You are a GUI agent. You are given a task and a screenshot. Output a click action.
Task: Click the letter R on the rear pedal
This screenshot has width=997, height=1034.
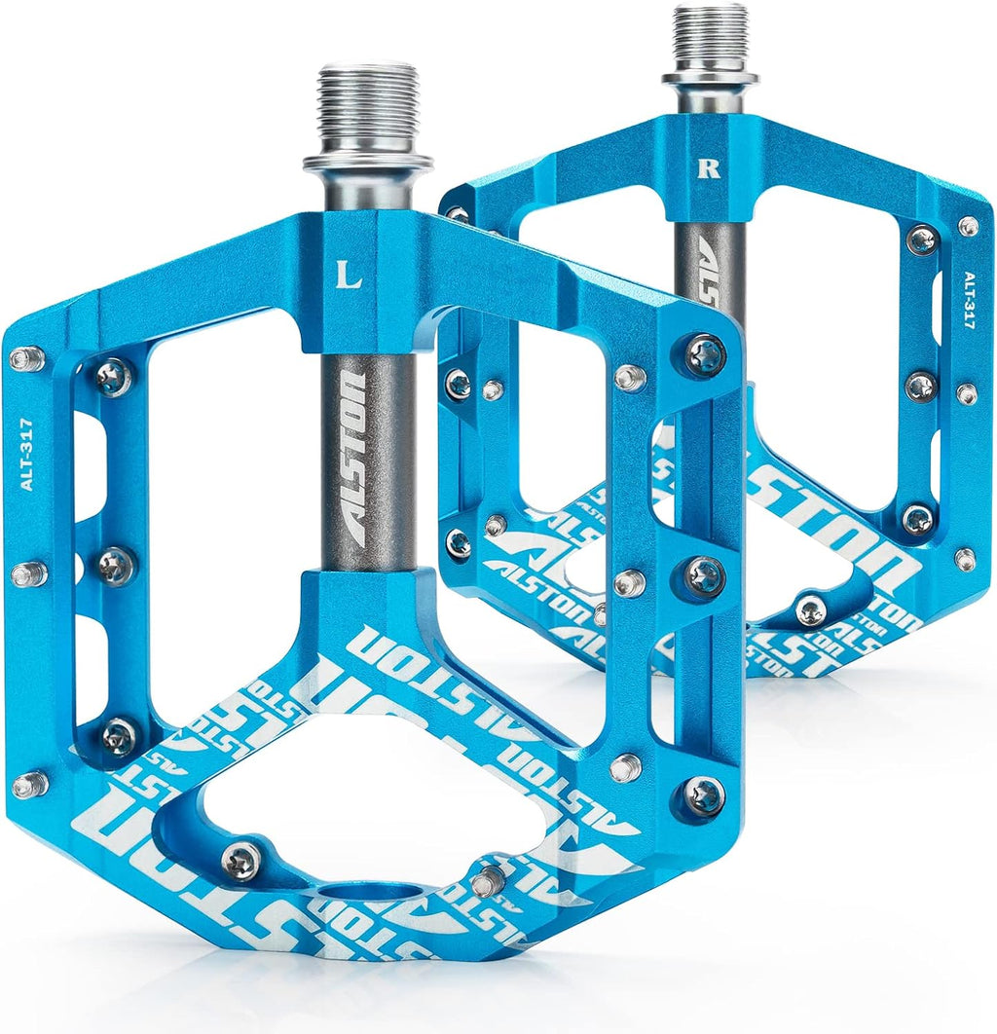tap(708, 166)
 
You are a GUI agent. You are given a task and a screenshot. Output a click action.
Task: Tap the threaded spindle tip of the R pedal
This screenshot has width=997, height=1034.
tap(711, 35)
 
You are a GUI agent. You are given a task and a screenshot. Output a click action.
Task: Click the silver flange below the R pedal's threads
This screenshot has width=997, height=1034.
tap(711, 77)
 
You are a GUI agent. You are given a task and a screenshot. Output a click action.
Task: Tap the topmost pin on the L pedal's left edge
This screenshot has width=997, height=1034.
tap(26, 359)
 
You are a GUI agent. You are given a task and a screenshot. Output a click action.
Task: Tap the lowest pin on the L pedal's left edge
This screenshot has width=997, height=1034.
tap(28, 783)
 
